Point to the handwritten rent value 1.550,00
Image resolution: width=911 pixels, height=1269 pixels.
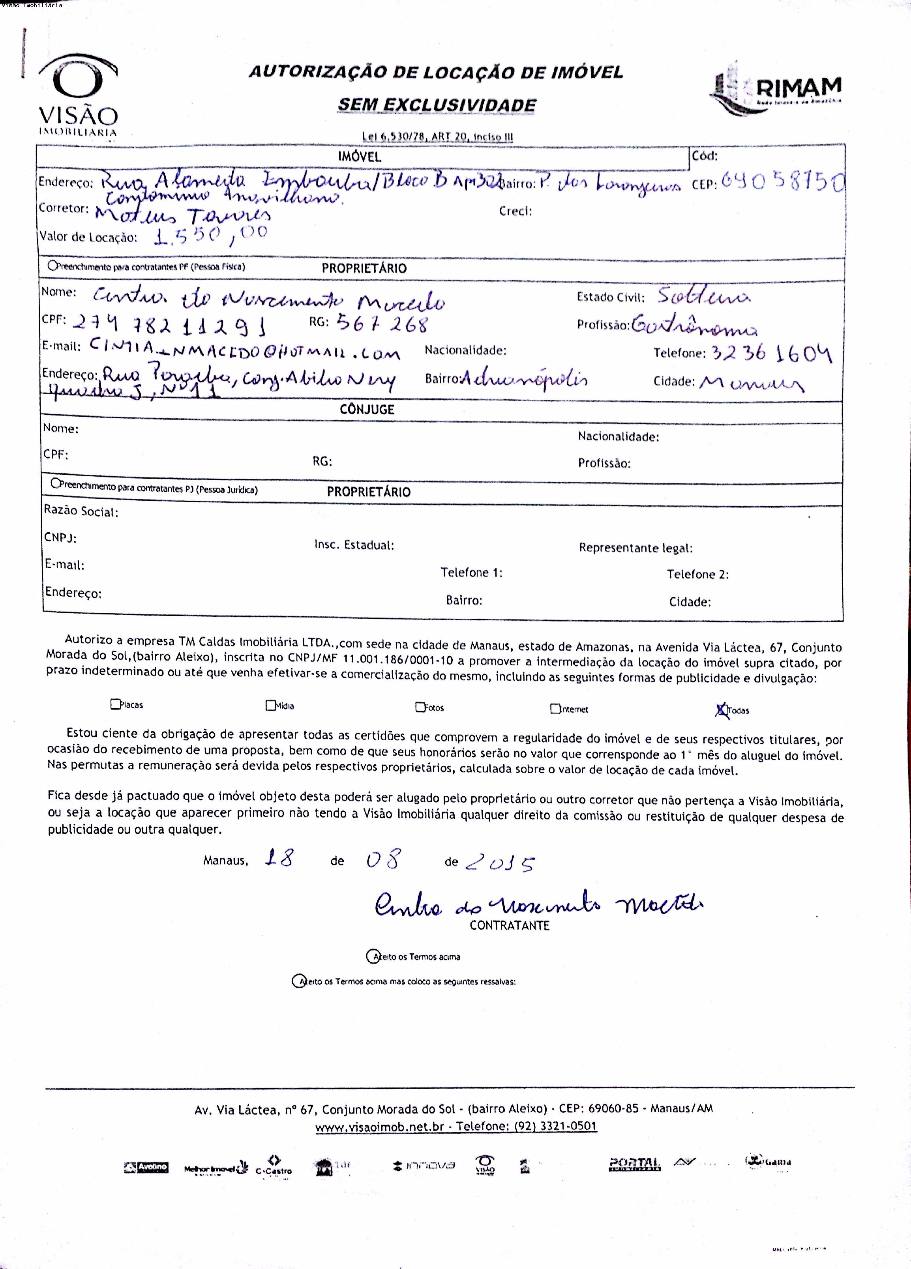click(x=211, y=235)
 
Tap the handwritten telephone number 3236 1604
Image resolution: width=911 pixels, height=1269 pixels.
click(x=772, y=353)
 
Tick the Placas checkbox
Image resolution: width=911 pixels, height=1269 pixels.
click(x=115, y=704)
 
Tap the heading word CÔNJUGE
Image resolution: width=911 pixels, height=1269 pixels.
click(x=367, y=410)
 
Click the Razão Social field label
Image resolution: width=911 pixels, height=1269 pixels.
click(x=81, y=511)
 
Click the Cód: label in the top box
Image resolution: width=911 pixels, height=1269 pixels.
click(x=705, y=155)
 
